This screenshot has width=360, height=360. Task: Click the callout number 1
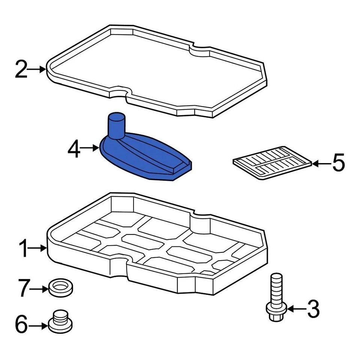(x=24, y=249)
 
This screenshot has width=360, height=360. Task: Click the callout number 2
(x=21, y=70)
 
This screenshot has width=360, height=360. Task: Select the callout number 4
(x=74, y=149)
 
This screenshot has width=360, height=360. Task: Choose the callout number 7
(x=23, y=289)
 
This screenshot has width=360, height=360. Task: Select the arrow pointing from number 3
(x=296, y=309)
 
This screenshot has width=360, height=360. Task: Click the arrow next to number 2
(x=38, y=69)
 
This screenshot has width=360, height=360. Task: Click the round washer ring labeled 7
(x=61, y=288)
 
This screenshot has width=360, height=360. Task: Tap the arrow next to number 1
(x=39, y=248)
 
